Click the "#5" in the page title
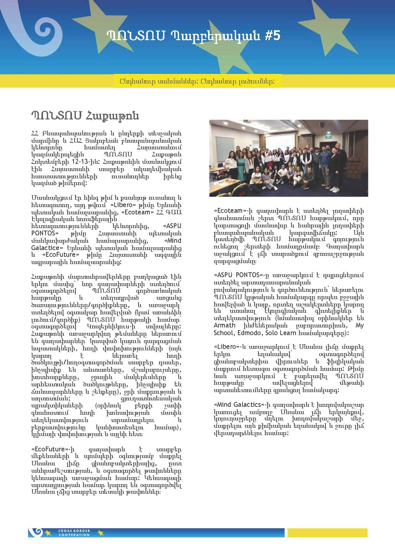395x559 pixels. coord(272,36)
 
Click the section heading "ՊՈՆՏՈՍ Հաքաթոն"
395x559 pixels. coord(85,116)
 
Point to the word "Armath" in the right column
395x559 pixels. coord(225,326)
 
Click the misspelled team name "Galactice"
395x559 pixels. coord(45,248)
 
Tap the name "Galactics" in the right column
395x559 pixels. coord(247,405)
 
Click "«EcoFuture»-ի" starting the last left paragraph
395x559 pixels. coord(53,449)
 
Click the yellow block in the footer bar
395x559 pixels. coord(327,533)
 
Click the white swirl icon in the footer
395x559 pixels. coord(36,532)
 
